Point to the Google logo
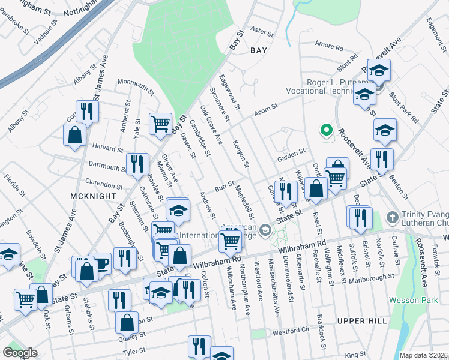[20, 353]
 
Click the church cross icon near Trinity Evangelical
[393, 217]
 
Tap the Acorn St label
[265, 109]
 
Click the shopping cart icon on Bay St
[160, 124]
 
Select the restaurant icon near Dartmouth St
[137, 163]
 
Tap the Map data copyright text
[424, 355]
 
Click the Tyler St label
[134, 351]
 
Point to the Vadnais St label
[46, 27]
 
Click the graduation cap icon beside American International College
[265, 230]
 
